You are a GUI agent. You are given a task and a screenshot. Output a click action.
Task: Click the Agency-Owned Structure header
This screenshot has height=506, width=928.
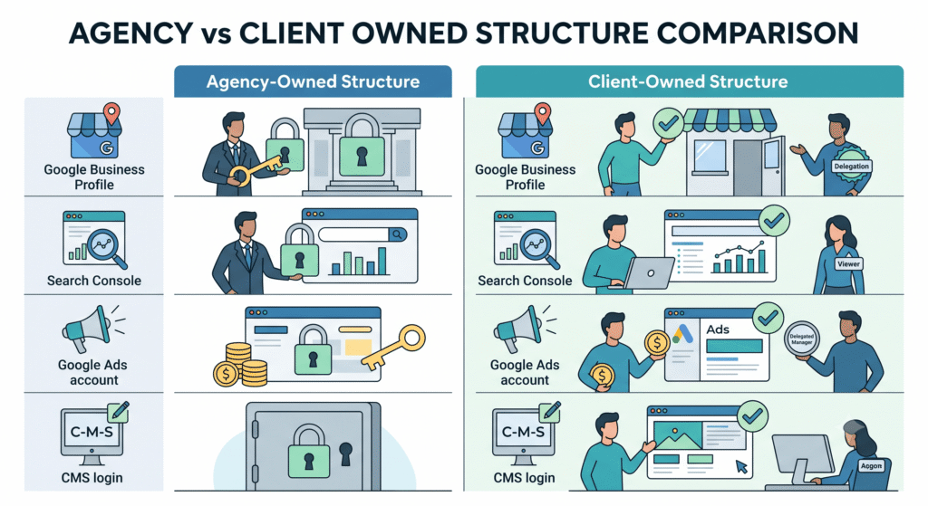coord(313,81)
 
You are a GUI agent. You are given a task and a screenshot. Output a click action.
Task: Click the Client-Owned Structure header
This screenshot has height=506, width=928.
coord(689,81)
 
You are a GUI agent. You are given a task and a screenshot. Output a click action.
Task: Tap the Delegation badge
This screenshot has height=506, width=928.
coord(851,167)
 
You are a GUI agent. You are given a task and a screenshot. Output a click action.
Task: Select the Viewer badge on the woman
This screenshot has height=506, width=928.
coord(848,264)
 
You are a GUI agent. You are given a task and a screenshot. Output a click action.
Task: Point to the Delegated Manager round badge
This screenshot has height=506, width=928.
coord(802,339)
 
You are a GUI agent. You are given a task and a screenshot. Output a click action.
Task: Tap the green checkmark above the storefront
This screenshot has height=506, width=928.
coord(668,123)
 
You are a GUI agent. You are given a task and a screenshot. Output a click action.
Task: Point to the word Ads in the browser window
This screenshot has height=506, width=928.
coord(718,329)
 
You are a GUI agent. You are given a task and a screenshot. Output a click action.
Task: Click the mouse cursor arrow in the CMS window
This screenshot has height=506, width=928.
coord(741,467)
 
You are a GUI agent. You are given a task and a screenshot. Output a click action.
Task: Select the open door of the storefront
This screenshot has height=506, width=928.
coord(772,165)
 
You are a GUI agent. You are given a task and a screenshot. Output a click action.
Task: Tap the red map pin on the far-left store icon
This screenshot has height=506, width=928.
coord(111,113)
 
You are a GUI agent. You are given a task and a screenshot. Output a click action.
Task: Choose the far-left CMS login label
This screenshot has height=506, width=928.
coord(92,478)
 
